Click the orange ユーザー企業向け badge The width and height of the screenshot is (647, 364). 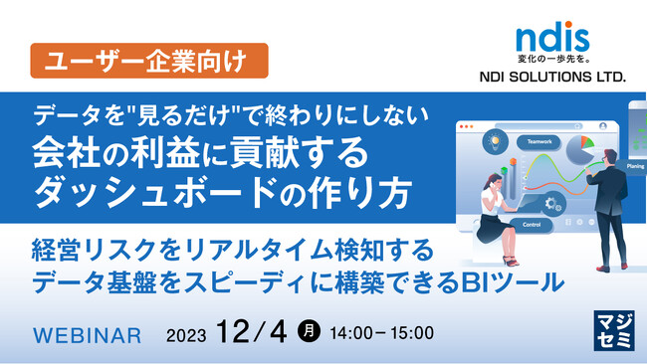[x=149, y=61]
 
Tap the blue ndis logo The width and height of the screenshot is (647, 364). [x=552, y=37]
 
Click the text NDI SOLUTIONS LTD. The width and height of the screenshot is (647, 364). [x=552, y=77]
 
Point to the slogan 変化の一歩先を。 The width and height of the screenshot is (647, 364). [x=553, y=59]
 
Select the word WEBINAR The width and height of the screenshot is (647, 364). [x=87, y=335]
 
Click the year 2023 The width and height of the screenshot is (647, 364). [x=186, y=335]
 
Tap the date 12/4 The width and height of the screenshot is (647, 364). [x=251, y=332]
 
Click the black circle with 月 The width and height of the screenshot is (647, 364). [x=309, y=331]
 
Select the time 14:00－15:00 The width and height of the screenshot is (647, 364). [x=381, y=333]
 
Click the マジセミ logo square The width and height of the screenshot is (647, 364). [x=614, y=330]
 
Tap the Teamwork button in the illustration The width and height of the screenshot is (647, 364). [x=539, y=142]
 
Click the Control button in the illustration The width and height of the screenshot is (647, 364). [x=532, y=225]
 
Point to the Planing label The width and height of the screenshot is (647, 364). [x=634, y=166]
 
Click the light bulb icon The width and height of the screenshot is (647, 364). [x=495, y=142]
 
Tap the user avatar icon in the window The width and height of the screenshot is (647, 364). [x=603, y=126]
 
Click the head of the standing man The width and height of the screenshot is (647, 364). [x=609, y=157]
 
